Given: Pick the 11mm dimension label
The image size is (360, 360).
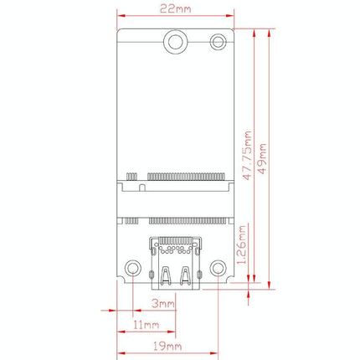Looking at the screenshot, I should click(x=145, y=324).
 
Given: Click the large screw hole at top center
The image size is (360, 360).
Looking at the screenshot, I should click(x=175, y=41).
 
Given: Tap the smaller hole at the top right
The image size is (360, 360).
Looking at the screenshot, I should click(x=219, y=40).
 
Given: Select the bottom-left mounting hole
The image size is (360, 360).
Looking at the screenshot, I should click(x=131, y=269).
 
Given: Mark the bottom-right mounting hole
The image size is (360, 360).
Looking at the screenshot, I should click(x=219, y=269).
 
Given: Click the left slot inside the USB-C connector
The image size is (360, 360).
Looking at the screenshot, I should click(x=167, y=275).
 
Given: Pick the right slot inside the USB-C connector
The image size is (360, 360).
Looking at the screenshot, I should click(x=183, y=275).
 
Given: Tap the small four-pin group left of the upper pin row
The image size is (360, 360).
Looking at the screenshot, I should click(x=131, y=177).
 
